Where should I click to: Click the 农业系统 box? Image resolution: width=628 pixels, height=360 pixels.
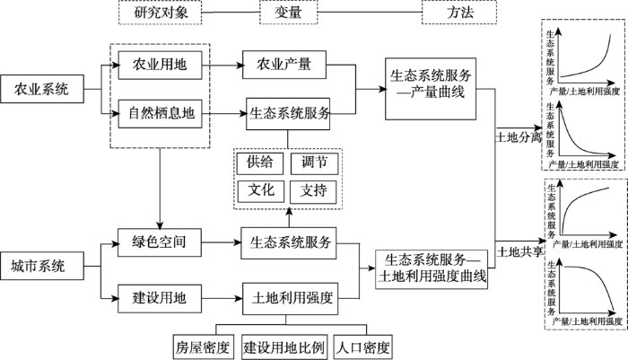[x=42, y=89]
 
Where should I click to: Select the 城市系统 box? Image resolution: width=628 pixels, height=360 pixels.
[x=42, y=266]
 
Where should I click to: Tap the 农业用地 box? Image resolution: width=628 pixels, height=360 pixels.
[x=160, y=65]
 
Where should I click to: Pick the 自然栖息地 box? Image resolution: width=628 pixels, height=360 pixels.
[x=160, y=113]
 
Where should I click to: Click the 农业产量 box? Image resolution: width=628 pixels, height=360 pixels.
[x=284, y=64]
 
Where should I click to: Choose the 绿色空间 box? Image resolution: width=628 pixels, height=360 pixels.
[x=160, y=242]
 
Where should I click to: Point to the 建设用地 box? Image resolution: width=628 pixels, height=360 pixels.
[x=160, y=298]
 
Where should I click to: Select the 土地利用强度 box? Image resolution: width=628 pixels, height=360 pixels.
[x=291, y=299]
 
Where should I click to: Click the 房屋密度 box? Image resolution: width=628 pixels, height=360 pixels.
[x=203, y=347]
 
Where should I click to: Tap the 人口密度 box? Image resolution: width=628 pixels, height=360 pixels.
[x=362, y=347]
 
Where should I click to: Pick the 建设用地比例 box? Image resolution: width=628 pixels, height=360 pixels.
[x=284, y=347]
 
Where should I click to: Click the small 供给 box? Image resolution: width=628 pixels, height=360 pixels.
[x=260, y=163]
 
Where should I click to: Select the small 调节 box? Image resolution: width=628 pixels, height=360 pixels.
[x=314, y=163]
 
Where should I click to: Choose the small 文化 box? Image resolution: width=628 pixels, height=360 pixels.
[x=261, y=191]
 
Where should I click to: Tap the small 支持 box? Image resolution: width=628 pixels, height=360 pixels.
[x=314, y=191]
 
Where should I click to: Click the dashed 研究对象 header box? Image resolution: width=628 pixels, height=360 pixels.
[x=161, y=13]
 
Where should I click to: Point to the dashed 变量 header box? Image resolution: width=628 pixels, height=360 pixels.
[x=288, y=13]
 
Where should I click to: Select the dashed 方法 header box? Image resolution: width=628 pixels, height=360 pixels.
[x=459, y=13]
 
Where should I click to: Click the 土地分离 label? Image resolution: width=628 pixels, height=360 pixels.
[x=519, y=137]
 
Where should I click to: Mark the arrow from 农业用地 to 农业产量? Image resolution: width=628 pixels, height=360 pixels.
[x=222, y=65]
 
